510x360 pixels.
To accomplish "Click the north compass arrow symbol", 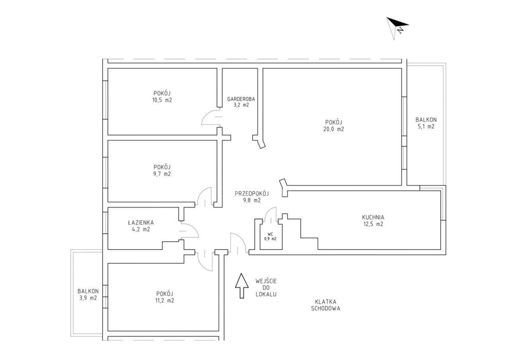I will (397, 26).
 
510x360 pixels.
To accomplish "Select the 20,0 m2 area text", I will (334, 129).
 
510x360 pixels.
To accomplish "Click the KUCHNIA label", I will (373, 217).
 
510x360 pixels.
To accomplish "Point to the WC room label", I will (271, 234).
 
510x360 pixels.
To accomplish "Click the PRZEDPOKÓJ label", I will (252, 194).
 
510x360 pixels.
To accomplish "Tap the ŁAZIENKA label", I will (141, 223).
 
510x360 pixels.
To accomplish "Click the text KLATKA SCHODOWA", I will (326, 305).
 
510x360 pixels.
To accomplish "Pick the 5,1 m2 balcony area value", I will (426, 127).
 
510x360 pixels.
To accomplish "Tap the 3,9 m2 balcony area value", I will (88, 298).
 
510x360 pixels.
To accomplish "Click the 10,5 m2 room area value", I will (162, 100).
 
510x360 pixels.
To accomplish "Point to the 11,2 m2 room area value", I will (165, 301).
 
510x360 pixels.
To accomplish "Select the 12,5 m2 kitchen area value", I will (373, 224).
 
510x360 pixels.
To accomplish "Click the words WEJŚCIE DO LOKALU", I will (266, 288).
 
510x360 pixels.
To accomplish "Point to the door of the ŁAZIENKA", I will (188, 231).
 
